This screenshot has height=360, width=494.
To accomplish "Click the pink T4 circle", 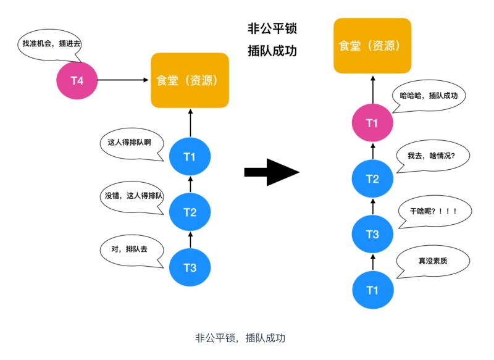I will click(77, 80).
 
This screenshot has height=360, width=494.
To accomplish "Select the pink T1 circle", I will click(372, 123).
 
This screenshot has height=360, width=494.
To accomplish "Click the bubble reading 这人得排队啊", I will click(129, 143).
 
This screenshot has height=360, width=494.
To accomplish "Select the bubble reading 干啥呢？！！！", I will click(435, 211).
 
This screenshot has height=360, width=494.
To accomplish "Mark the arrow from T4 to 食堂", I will click(124, 80).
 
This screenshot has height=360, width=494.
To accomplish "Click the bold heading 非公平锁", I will click(272, 28).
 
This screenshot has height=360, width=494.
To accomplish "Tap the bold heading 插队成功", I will click(272, 51).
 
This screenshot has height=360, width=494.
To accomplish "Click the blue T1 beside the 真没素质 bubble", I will click(372, 290).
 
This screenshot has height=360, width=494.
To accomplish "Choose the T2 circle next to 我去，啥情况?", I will click(372, 179).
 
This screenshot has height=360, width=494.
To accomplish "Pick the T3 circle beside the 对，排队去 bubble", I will click(190, 267).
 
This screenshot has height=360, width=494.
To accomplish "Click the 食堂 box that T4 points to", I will click(190, 80).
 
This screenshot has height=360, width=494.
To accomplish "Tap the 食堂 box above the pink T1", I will click(372, 46).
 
